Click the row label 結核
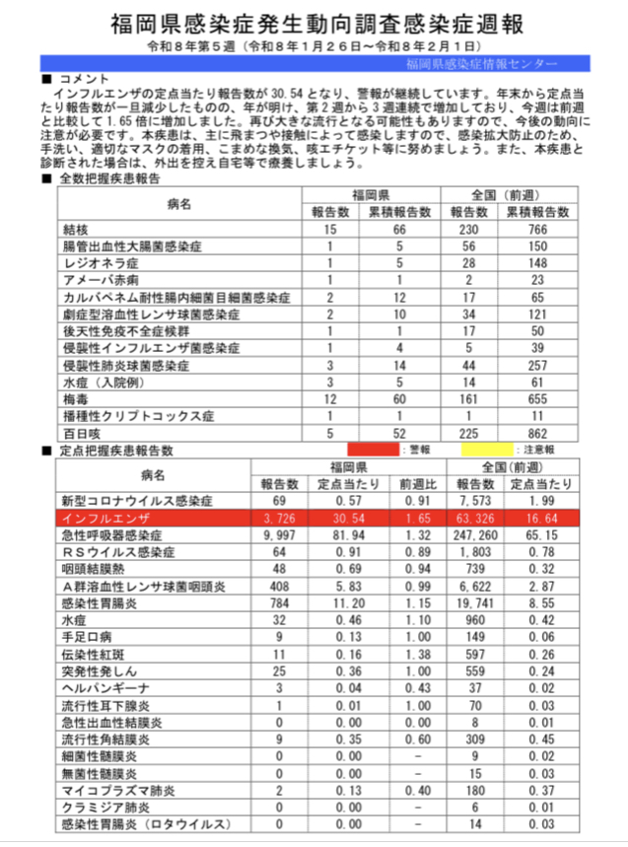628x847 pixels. pos(76,229)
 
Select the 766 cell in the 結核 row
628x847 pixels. pos(537,229)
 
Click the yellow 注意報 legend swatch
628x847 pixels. pos(482,450)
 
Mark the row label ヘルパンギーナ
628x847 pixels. pos(105,686)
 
